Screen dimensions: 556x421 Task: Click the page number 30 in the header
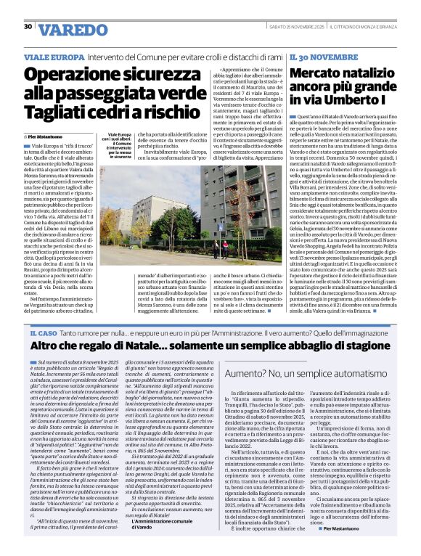[x=28, y=26]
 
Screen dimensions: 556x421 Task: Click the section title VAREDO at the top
[x=72, y=30]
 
